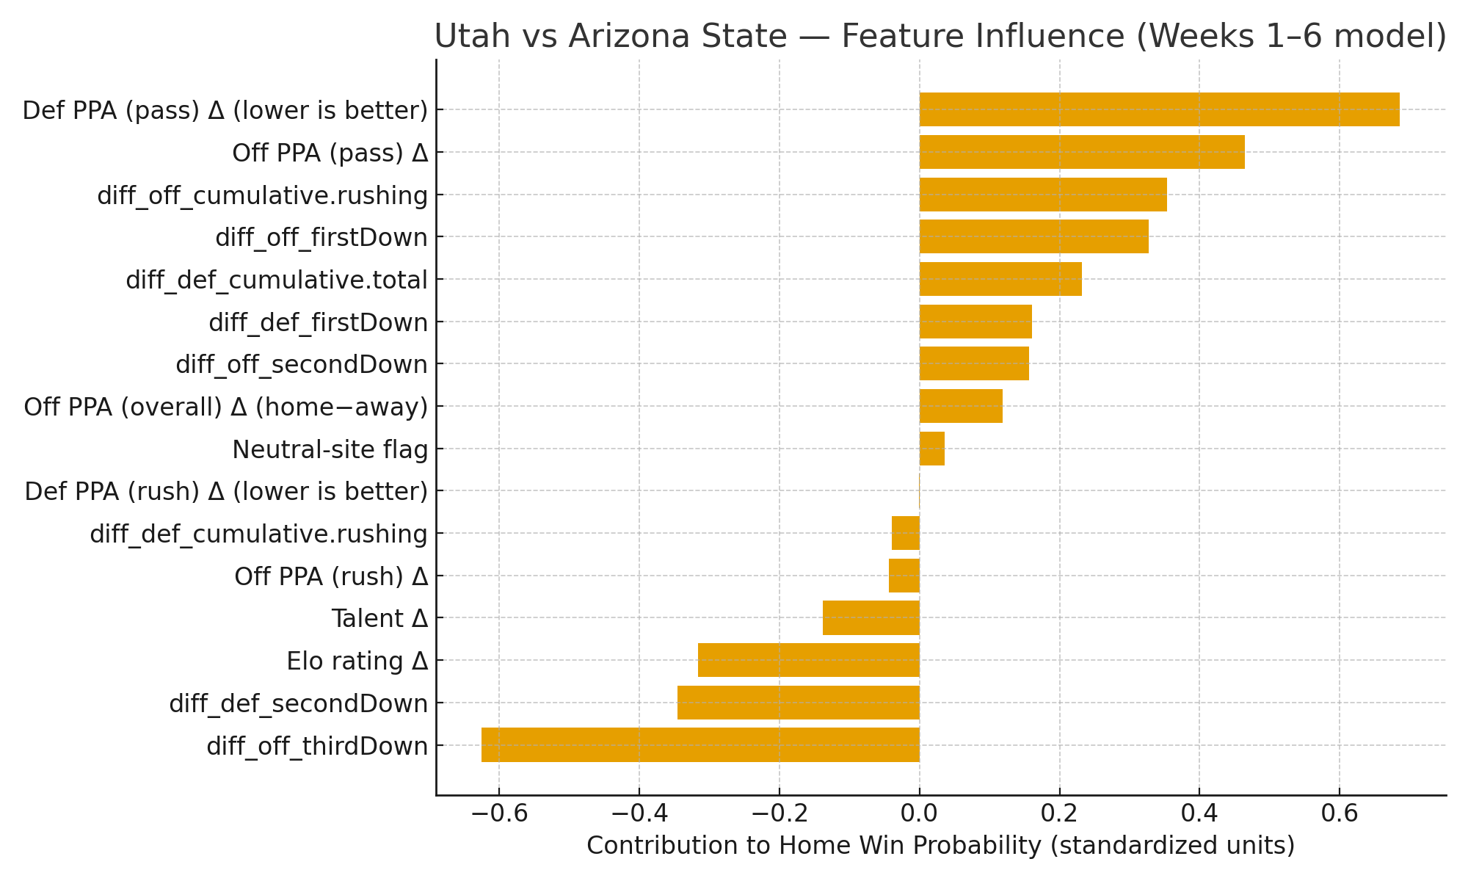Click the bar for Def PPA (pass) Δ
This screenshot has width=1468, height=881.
[x=1159, y=109]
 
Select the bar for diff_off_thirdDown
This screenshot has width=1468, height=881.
[x=700, y=744]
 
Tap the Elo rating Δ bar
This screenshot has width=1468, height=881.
[x=808, y=660]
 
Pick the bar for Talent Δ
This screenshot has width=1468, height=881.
[x=871, y=617]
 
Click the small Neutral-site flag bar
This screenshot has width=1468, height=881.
[x=931, y=449]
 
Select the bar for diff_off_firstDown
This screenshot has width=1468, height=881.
[x=1033, y=236]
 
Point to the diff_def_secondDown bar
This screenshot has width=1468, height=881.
[x=798, y=703]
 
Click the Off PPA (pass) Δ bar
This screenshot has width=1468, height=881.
[x=1082, y=152]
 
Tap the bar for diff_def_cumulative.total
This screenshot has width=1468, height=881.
[x=1000, y=279]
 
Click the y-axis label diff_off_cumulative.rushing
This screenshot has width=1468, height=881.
[x=262, y=195]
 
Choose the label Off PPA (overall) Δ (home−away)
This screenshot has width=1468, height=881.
[x=225, y=407]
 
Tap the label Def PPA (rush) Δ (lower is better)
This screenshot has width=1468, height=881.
[x=225, y=491]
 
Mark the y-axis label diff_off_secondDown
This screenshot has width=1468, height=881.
[x=301, y=364]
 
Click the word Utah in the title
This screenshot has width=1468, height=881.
[x=466, y=37]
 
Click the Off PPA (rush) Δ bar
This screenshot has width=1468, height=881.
[x=904, y=576]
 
